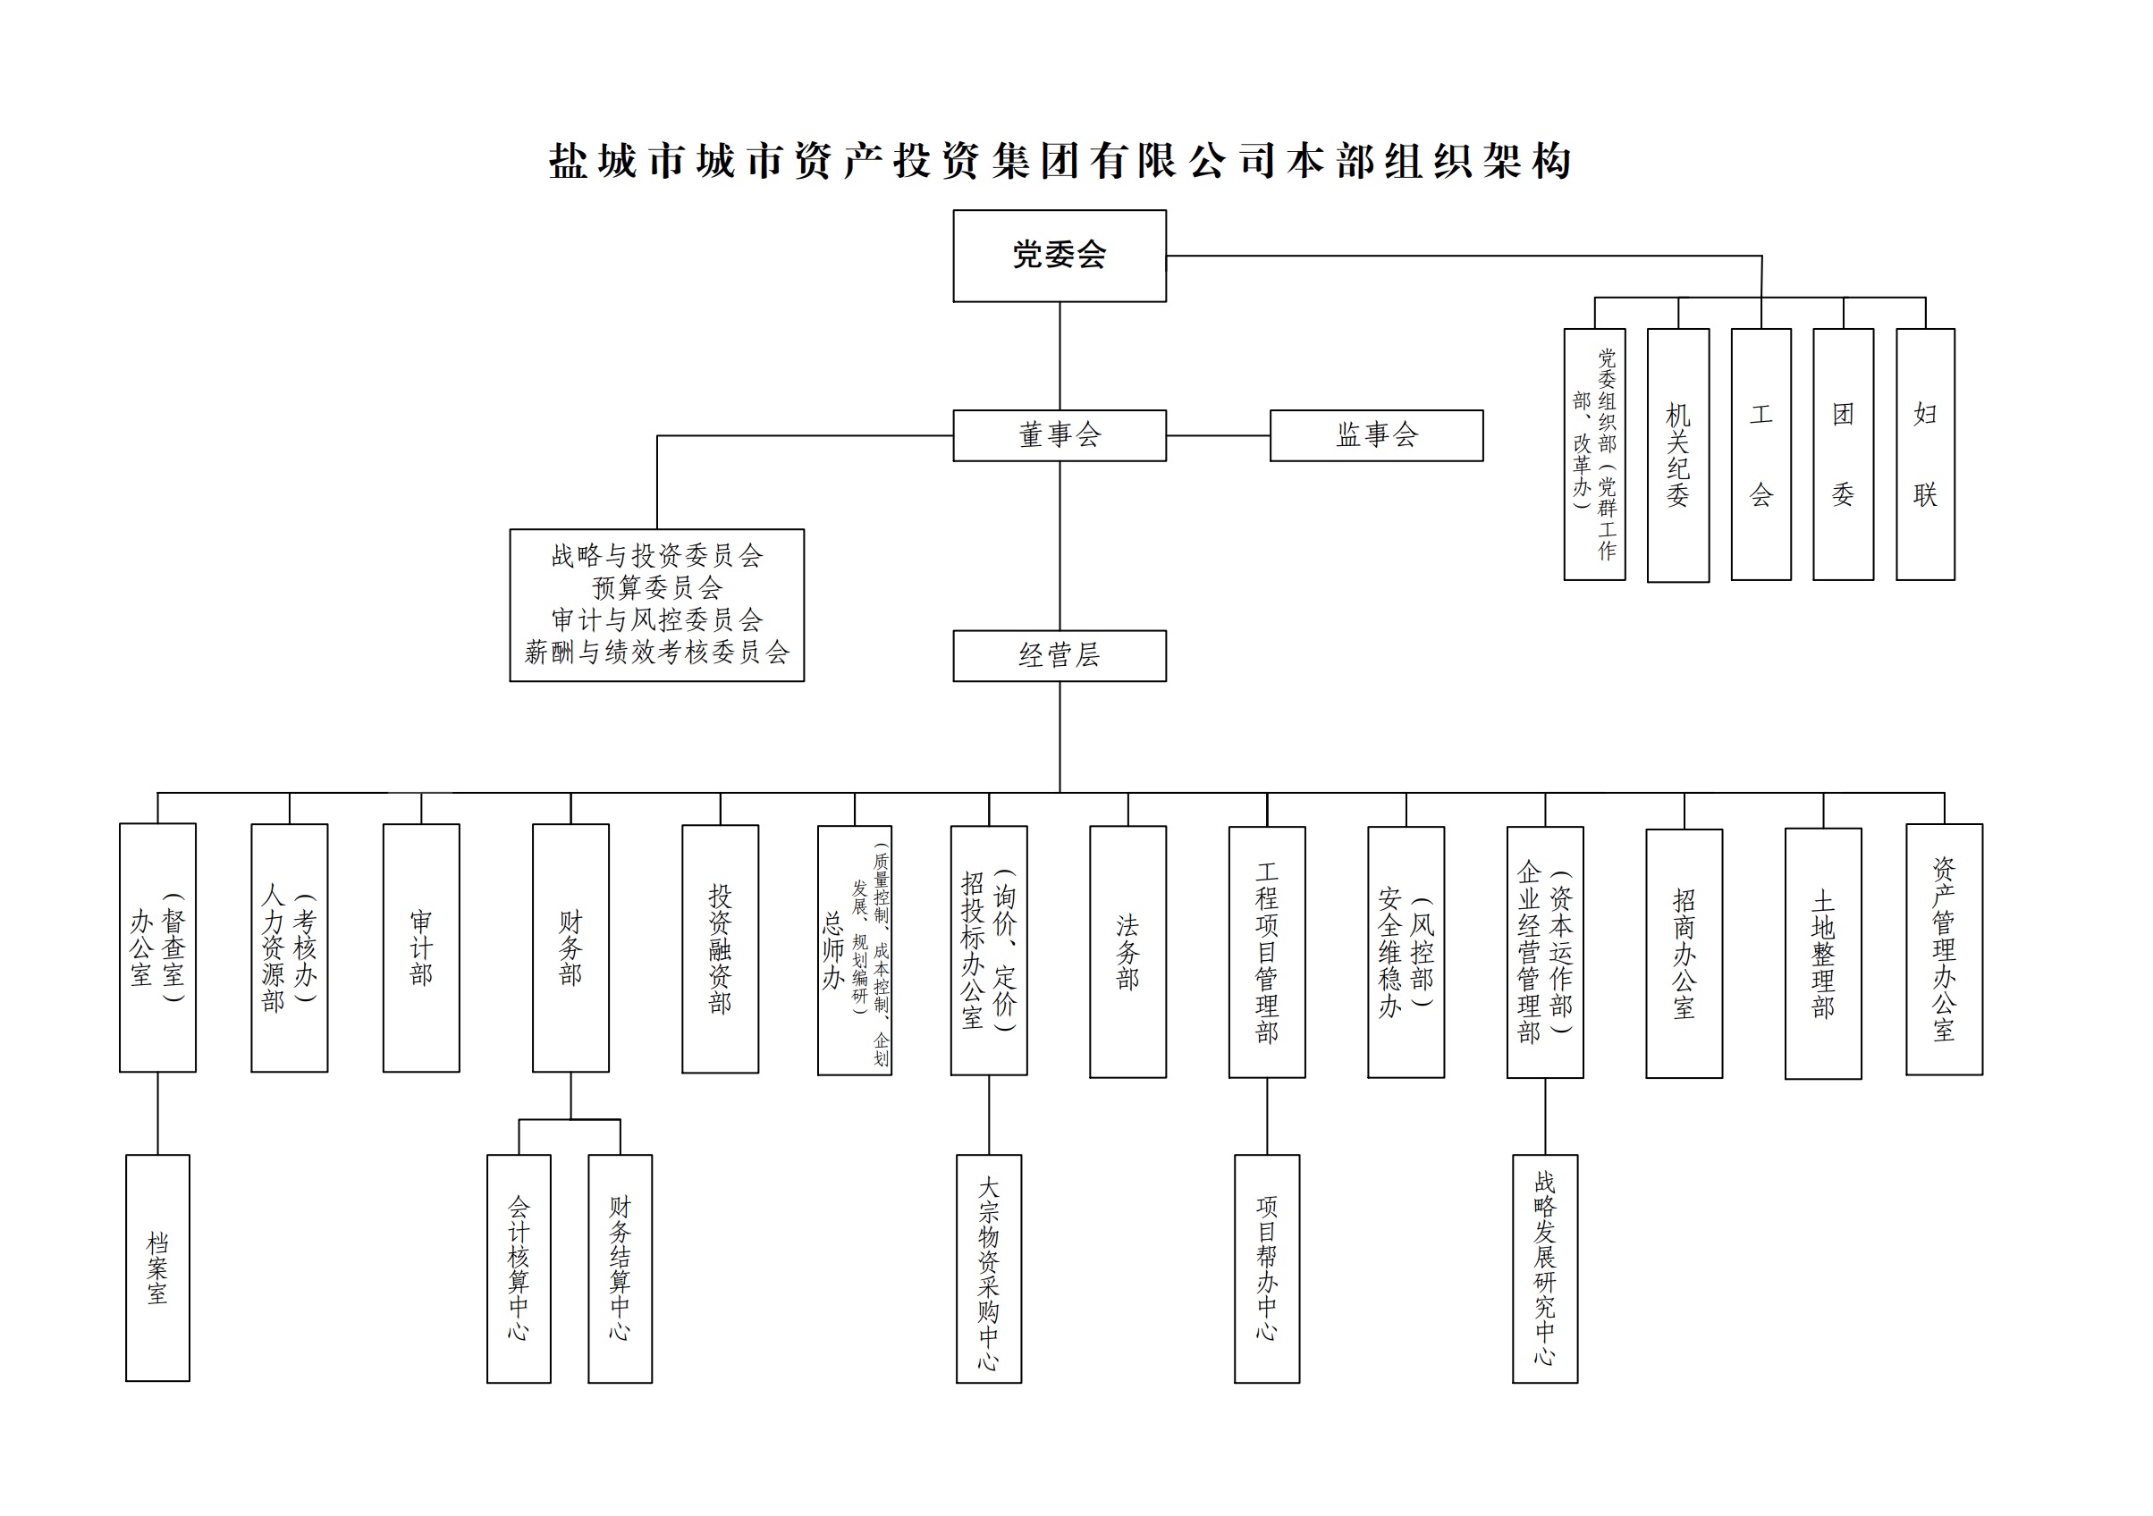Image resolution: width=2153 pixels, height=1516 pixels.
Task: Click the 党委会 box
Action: pos(1059,255)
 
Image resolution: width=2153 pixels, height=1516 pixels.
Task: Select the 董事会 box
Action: pos(1059,435)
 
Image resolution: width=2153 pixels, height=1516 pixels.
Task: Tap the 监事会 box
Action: pos(1376,435)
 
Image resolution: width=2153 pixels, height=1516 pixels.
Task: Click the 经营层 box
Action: pos(1059,655)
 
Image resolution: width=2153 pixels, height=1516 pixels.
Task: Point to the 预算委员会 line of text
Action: pos(656,588)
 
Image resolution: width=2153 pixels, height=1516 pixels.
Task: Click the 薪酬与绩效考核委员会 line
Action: pos(656,653)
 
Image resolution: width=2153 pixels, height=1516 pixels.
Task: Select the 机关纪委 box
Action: pos(1677,455)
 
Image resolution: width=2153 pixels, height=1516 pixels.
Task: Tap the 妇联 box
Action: pos(1924,455)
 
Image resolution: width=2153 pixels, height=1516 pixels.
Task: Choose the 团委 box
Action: pos(1843,455)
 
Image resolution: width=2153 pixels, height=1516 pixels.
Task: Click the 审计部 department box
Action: pos(421,947)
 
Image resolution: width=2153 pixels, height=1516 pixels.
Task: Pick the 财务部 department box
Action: pos(570,947)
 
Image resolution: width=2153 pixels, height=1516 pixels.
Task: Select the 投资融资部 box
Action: pos(719,947)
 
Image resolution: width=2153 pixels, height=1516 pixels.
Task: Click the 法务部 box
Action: pos(1127,951)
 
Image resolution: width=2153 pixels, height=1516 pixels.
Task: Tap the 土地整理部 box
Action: pos(1822,953)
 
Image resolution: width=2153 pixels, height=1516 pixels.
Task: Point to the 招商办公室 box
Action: pos(1684,953)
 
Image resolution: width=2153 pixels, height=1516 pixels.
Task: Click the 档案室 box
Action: pos(157,1268)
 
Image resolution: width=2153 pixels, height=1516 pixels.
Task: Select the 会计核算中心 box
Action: pos(519,1268)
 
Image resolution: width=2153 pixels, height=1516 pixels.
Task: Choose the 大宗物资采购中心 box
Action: pos(988,1268)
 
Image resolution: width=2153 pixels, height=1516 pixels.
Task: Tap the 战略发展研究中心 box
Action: pos(1544,1268)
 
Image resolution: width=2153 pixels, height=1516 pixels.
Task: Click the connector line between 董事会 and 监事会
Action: pos(1218,436)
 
